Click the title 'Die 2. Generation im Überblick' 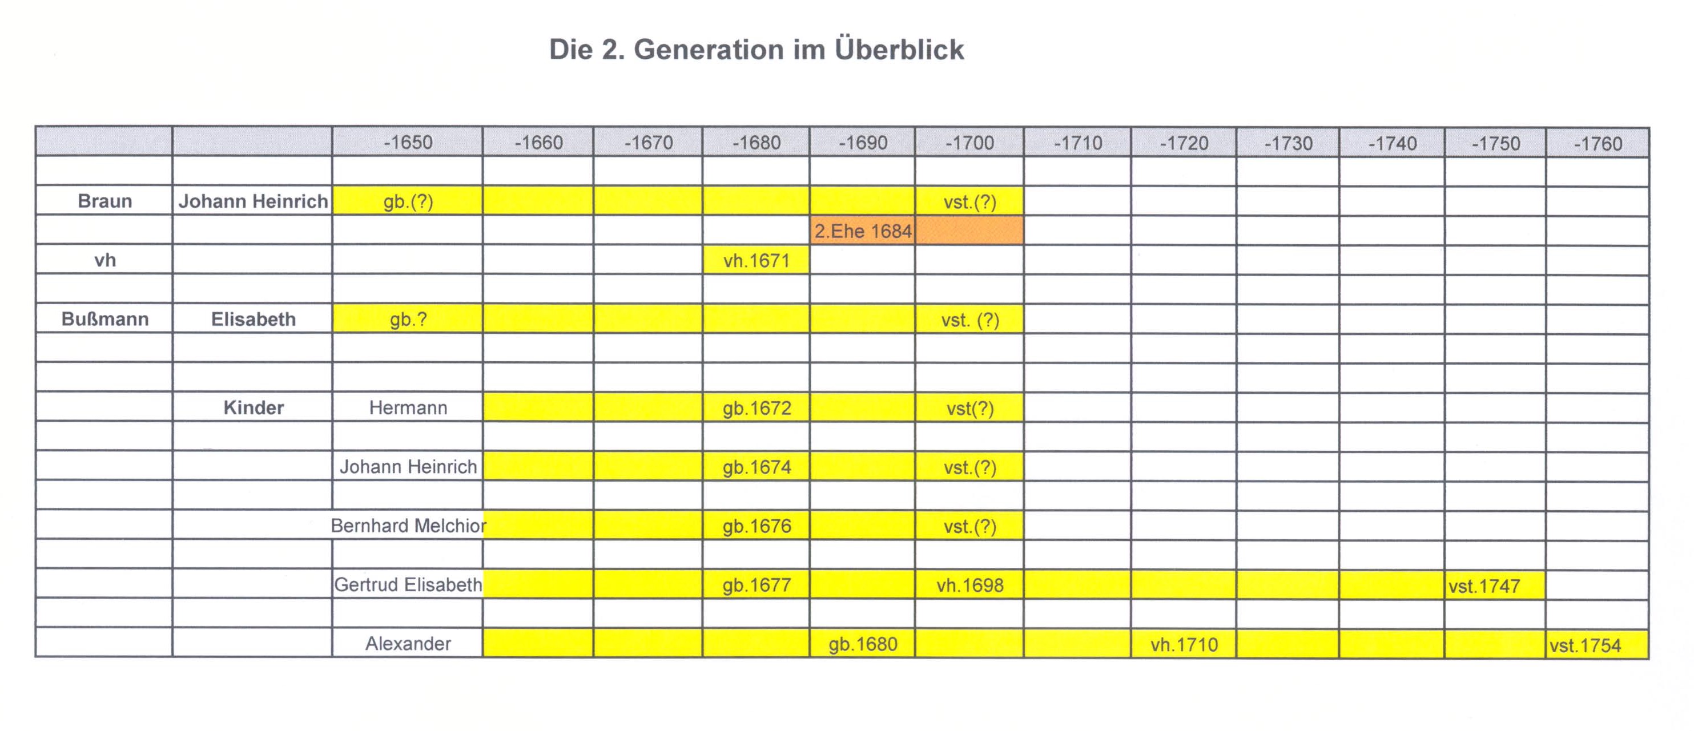[x=757, y=49]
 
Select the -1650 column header [x=408, y=142]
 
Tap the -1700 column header [x=969, y=142]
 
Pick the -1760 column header [x=1598, y=143]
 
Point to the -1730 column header [x=1288, y=143]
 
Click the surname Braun [x=104, y=200]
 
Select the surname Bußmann [x=104, y=319]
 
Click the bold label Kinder [x=253, y=407]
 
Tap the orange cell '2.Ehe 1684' [x=863, y=231]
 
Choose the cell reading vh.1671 [x=757, y=260]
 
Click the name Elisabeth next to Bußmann [x=253, y=319]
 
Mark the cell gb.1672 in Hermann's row [x=757, y=408]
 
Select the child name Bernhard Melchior [x=408, y=525]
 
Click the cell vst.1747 [x=1484, y=585]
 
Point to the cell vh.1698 [x=970, y=585]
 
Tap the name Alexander [x=408, y=644]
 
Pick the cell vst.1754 [x=1585, y=645]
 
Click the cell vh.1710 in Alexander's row [x=1184, y=644]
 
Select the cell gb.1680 [x=863, y=644]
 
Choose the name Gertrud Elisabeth [x=408, y=584]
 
